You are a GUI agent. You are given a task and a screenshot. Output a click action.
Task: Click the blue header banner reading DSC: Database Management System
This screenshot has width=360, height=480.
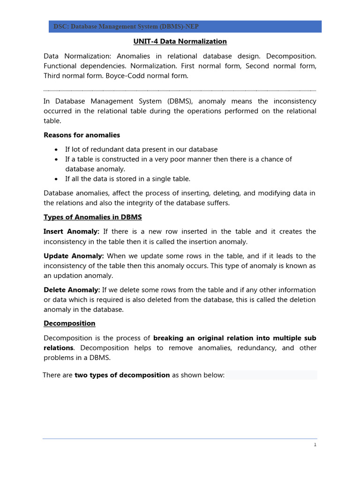click(x=185, y=27)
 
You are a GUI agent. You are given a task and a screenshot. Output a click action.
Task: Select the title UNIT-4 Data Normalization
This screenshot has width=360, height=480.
click(x=180, y=42)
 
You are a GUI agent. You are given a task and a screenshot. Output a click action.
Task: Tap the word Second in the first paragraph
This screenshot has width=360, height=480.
click(x=257, y=66)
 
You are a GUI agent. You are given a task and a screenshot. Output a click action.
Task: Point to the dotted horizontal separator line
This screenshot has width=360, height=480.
click(x=180, y=91)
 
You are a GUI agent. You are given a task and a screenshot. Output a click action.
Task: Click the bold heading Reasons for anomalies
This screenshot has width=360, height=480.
click(x=82, y=135)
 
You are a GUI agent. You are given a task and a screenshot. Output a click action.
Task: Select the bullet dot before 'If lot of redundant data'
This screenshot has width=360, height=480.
click(x=56, y=150)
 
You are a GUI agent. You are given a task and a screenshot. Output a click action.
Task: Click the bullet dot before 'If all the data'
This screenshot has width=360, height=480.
click(x=56, y=179)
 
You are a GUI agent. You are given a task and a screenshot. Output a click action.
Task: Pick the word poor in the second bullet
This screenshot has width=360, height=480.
click(x=197, y=159)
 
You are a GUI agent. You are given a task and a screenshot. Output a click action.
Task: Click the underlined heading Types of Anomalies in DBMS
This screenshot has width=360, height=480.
click(x=92, y=217)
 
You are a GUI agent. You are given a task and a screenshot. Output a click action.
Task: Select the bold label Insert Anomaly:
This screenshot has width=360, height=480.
click(x=71, y=232)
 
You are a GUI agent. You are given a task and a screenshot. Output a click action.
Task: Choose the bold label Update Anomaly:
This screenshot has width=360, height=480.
click(x=74, y=256)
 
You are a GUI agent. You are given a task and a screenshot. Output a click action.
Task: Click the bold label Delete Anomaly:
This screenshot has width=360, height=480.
click(x=72, y=290)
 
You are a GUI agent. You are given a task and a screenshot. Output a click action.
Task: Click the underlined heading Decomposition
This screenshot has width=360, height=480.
click(x=69, y=323)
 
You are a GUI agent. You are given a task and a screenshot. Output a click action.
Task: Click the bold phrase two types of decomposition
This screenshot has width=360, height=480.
click(x=122, y=375)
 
